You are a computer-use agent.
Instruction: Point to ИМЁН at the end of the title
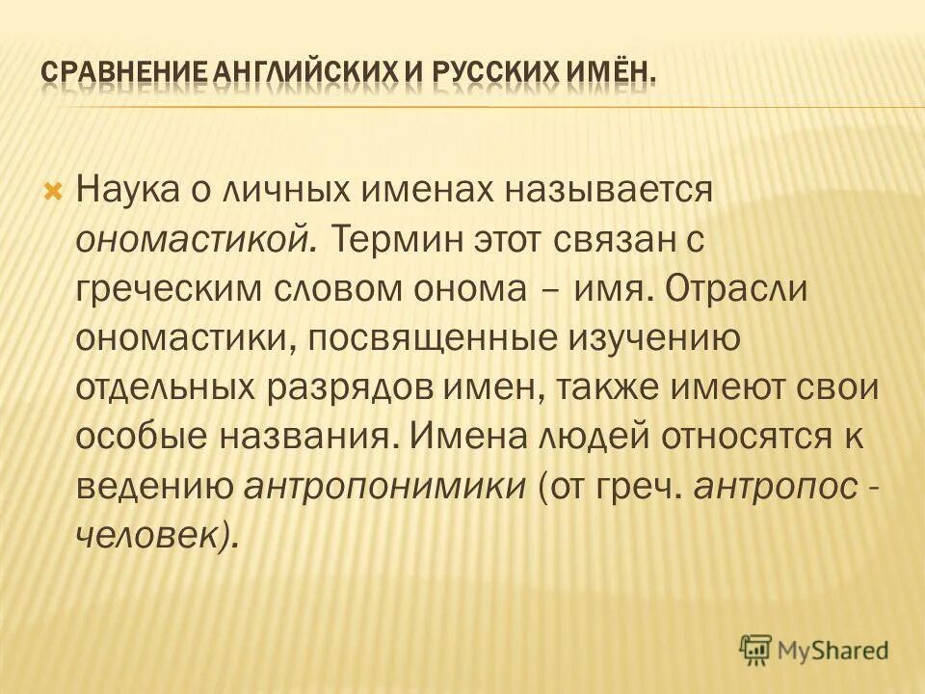click(608, 74)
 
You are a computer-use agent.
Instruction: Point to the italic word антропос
click(774, 489)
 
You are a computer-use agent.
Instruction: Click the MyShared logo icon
click(757, 649)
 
